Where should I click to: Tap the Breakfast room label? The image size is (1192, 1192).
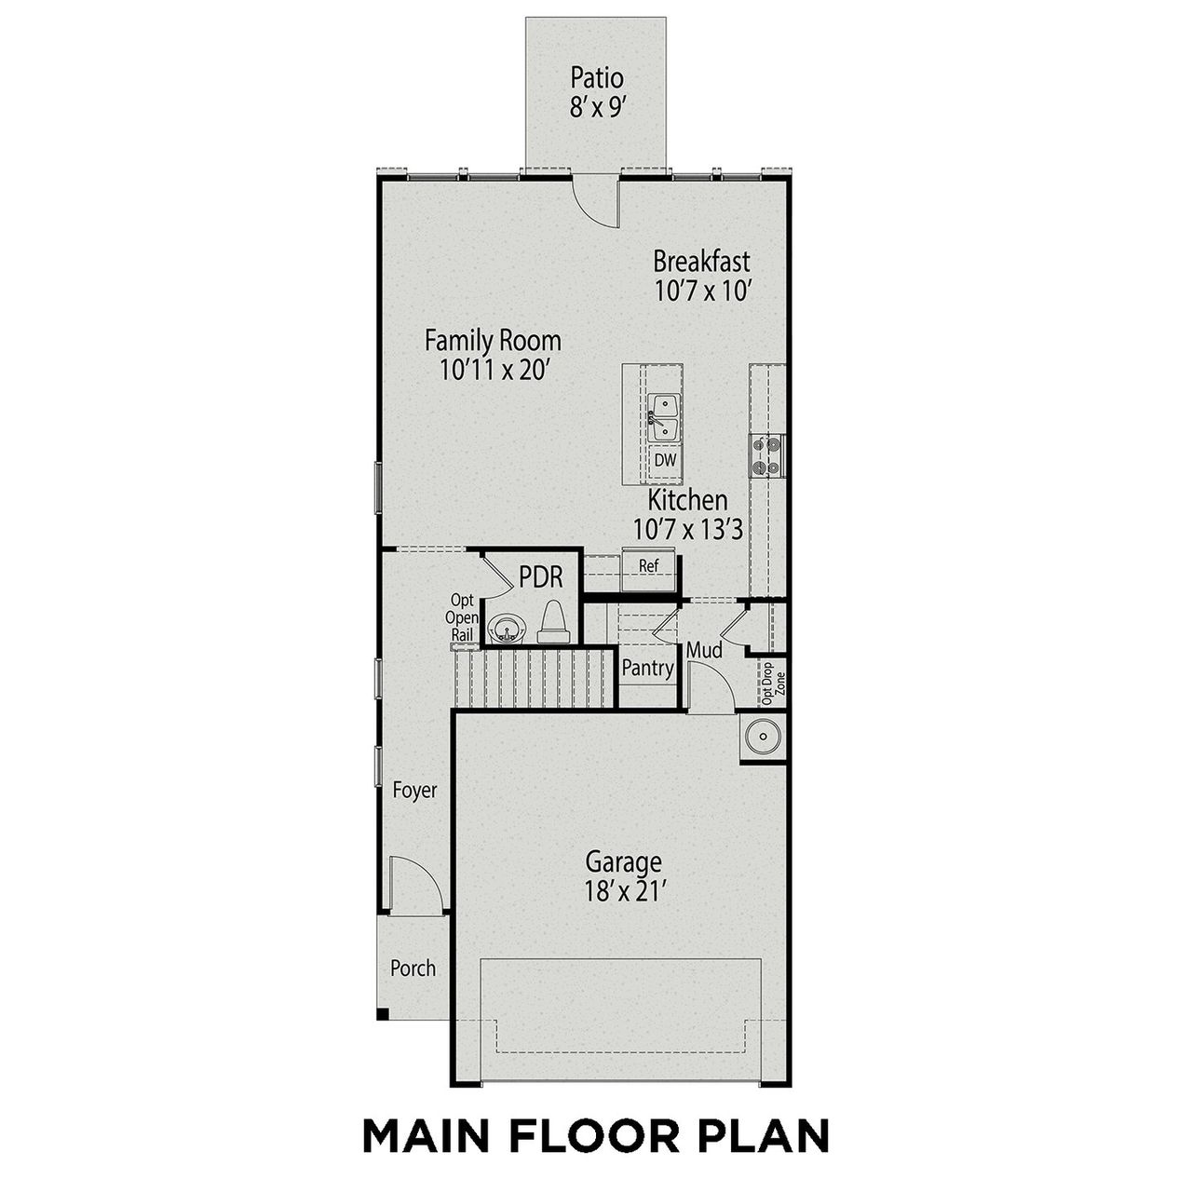coord(700,261)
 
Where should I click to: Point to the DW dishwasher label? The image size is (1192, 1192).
coord(664,460)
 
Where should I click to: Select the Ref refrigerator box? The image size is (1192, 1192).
coord(648,565)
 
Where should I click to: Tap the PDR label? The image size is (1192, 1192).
coord(541,577)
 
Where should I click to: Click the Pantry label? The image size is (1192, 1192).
coord(647,668)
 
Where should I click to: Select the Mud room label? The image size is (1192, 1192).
coord(704,650)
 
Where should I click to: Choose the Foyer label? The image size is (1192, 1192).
coord(414,791)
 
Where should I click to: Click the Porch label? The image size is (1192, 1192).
coord(413,968)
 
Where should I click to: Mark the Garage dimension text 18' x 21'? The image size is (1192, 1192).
coord(623,891)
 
